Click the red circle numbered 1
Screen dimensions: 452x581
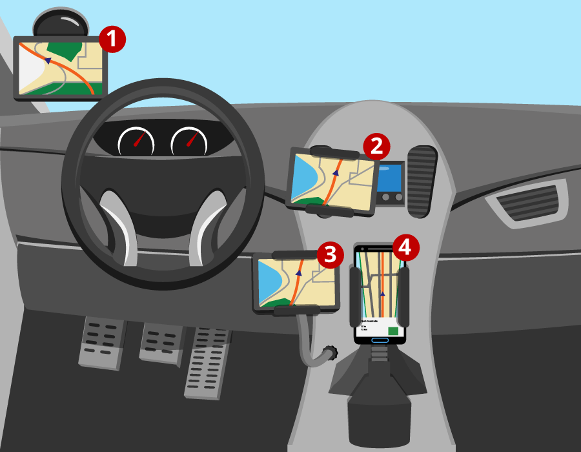pyautogui.click(x=112, y=39)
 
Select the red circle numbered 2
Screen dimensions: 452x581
pyautogui.click(x=376, y=146)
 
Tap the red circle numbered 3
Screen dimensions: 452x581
pyautogui.click(x=330, y=254)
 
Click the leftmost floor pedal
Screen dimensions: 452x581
pyautogui.click(x=101, y=342)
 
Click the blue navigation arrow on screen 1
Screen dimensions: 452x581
pyautogui.click(x=48, y=61)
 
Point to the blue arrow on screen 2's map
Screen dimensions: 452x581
pyautogui.click(x=336, y=173)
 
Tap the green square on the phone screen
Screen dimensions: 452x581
pyautogui.click(x=393, y=331)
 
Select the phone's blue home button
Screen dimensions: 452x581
pyautogui.click(x=380, y=340)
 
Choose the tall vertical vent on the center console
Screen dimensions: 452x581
pyautogui.click(x=422, y=182)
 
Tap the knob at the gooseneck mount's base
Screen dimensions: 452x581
pyautogui.click(x=331, y=353)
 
